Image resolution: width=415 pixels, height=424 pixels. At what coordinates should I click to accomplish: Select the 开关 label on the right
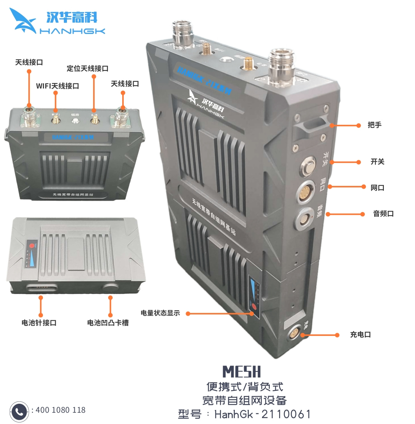pyautogui.click(x=377, y=162)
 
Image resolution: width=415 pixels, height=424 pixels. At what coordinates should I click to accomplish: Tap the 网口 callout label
pyautogui.click(x=377, y=187)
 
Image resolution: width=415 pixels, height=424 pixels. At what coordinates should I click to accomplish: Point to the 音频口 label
pyautogui.click(x=383, y=214)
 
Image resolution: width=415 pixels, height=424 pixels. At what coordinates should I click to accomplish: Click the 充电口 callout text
pyautogui.click(x=360, y=334)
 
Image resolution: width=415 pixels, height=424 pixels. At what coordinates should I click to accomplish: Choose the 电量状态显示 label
pyautogui.click(x=160, y=313)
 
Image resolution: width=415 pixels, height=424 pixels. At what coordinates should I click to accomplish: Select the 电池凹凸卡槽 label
pyautogui.click(x=108, y=323)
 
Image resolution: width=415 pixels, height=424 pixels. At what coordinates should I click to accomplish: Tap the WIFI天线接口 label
pyautogui.click(x=58, y=86)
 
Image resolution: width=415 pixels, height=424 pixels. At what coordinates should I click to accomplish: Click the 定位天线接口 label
pyautogui.click(x=87, y=69)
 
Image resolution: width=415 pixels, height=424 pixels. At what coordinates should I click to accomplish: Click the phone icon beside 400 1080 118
pyautogui.click(x=19, y=411)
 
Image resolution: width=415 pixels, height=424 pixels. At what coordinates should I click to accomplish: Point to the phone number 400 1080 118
pyautogui.click(x=60, y=410)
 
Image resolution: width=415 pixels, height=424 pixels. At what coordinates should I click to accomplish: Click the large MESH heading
pyautogui.click(x=241, y=371)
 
